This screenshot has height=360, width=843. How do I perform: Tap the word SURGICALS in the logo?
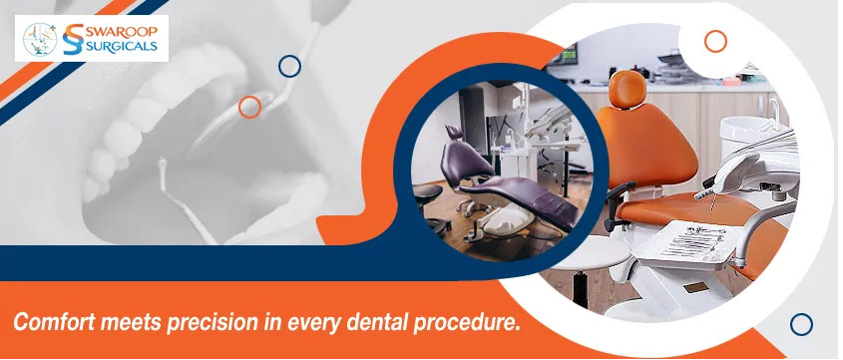tap(122, 46)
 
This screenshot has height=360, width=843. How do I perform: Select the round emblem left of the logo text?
tap(40, 39)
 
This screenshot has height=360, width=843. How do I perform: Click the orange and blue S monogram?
tap(73, 39)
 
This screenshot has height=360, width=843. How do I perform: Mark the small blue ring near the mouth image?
tap(289, 66)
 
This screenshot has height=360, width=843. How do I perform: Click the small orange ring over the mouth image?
tap(249, 107)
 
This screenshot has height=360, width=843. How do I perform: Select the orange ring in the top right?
tap(715, 41)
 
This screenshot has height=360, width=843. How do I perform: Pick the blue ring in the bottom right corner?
tap(801, 324)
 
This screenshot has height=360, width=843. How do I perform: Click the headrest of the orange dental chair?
tap(628, 88)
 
